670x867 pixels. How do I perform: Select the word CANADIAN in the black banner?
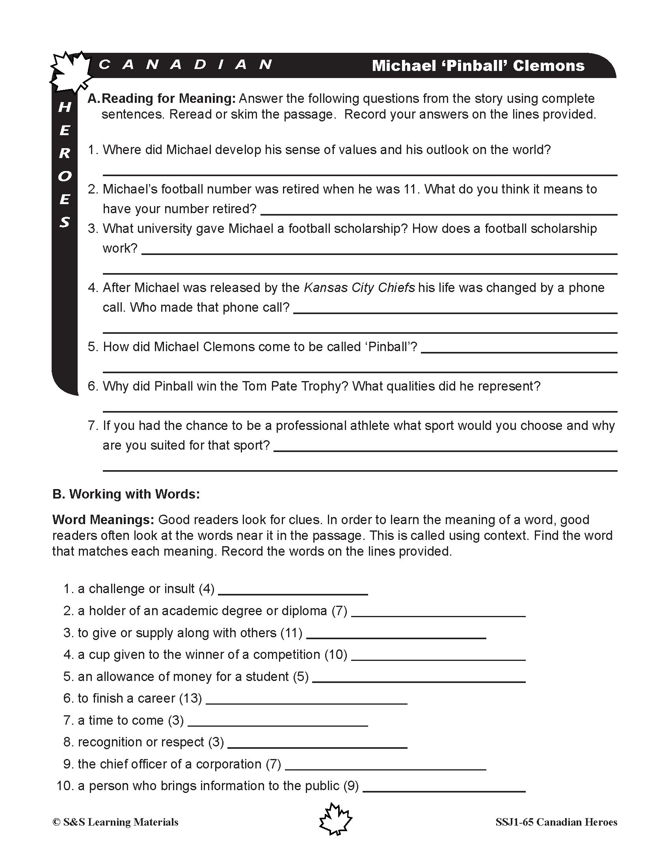coord(185,64)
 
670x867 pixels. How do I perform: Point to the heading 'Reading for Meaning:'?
coord(169,99)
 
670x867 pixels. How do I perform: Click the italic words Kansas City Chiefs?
coord(359,288)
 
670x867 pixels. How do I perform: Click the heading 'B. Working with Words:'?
coord(126,494)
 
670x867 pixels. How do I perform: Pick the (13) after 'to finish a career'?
coord(190,698)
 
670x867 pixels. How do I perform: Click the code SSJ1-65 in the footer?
coord(514,822)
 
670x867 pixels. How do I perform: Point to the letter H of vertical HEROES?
coord(65,107)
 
